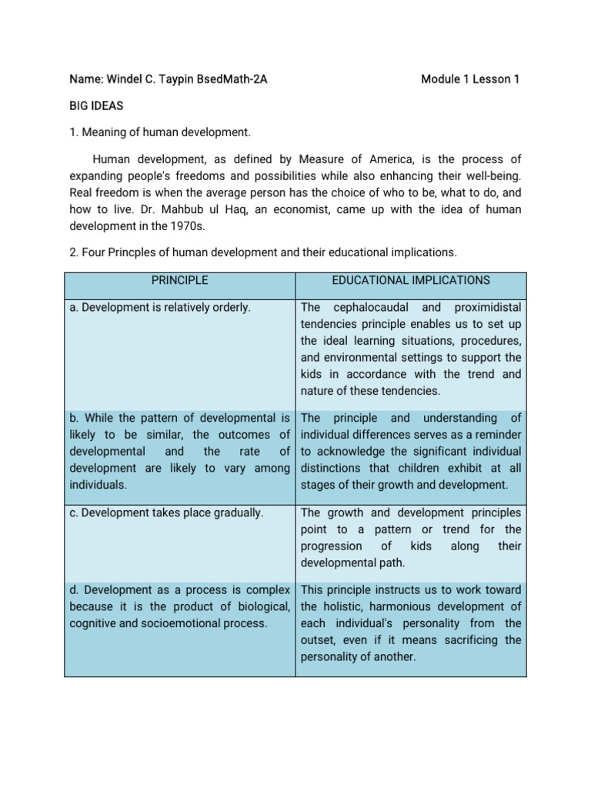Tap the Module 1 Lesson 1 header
tap(470, 79)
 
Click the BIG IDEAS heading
tap(96, 106)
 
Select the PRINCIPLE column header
tap(180, 281)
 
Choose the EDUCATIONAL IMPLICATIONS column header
tap(411, 281)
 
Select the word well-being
tap(489, 176)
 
